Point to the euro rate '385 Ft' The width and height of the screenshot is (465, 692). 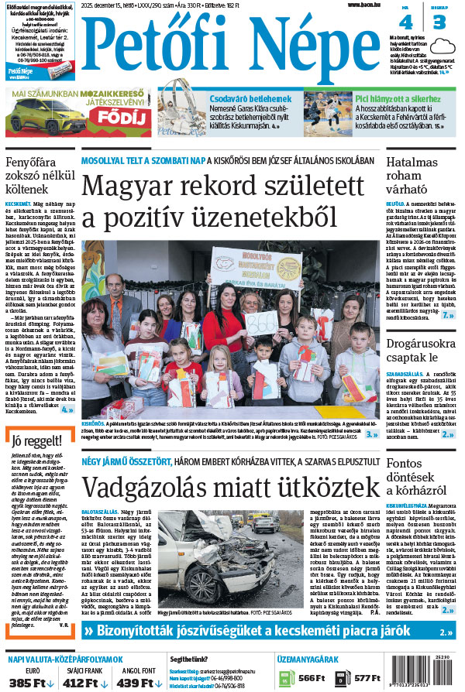(30, 682)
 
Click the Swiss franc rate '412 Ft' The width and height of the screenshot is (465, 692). (84, 682)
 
